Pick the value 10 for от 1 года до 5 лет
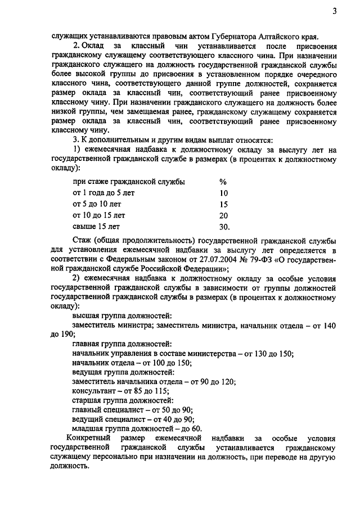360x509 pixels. coord(223,193)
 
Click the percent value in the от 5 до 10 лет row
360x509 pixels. coord(223,204)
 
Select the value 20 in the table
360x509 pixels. coord(223,215)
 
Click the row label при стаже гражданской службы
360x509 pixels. coord(129,182)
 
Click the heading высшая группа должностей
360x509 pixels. coord(122,316)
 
